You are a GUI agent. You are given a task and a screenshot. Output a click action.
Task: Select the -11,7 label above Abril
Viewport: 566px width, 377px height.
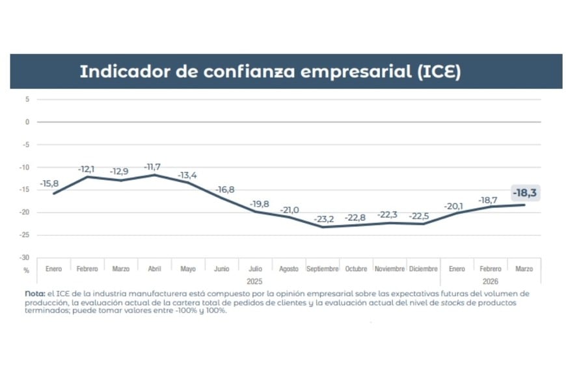pos(154,166)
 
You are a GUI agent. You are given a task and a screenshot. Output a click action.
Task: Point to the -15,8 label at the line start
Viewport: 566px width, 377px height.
pos(50,184)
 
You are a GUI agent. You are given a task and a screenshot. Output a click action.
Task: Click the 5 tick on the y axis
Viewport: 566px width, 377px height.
pos(27,99)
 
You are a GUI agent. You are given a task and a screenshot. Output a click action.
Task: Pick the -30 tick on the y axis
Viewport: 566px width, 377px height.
pos(26,258)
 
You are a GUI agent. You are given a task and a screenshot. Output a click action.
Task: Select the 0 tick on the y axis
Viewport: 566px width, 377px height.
pos(27,122)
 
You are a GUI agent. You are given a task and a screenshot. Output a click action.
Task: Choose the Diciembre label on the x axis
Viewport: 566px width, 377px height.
pos(423,269)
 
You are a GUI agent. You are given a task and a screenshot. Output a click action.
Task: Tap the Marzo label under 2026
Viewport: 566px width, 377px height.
pos(524,269)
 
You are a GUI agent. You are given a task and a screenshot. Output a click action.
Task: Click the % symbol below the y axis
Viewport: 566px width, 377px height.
pos(27,269)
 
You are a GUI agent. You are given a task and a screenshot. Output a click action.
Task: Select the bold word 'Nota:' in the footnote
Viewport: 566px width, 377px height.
pos(35,294)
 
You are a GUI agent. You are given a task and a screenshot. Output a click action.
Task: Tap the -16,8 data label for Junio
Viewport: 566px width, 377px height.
pos(225,190)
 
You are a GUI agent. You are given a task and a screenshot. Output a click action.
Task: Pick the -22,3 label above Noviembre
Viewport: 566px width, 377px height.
pos(389,214)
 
